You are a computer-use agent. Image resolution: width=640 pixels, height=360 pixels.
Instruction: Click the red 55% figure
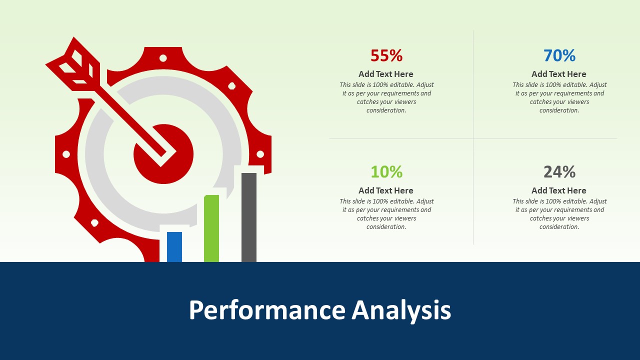[386, 55]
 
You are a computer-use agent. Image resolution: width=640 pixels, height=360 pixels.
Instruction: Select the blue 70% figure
[559, 55]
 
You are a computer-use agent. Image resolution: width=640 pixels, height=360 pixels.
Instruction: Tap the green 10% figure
[386, 172]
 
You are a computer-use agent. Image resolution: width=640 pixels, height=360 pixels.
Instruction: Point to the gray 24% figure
[559, 172]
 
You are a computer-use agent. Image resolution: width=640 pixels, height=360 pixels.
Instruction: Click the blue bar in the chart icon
[174, 247]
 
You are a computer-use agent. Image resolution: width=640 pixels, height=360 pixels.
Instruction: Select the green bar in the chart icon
[211, 228]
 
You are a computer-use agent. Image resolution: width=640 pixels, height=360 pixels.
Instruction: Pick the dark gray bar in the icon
[249, 217]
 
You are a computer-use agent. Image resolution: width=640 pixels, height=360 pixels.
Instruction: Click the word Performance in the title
[267, 310]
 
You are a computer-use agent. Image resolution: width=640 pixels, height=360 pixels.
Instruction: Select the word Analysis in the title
[401, 310]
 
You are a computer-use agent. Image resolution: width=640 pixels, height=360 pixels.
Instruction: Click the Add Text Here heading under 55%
[386, 74]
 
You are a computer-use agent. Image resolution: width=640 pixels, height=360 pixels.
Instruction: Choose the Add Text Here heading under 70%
[559, 74]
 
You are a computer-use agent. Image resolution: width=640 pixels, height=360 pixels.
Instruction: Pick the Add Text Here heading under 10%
[386, 190]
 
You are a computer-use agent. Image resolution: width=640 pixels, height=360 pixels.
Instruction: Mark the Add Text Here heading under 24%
[559, 190]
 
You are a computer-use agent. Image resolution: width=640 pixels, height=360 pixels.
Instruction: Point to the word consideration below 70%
[559, 110]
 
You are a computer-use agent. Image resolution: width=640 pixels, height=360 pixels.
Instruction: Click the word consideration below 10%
[386, 227]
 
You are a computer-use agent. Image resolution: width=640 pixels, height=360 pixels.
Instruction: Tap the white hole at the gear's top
[163, 58]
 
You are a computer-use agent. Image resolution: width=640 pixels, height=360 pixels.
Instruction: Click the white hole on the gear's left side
[66, 154]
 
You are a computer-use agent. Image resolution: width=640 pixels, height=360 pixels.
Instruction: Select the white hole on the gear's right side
[260, 154]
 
